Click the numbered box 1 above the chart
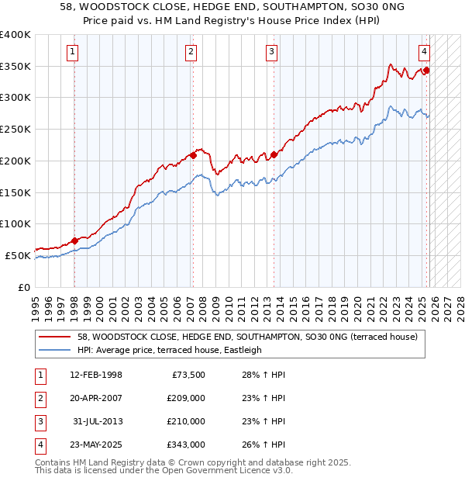point(72,52)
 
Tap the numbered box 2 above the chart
point(190,52)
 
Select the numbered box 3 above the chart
point(272,52)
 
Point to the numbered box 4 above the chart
point(425,52)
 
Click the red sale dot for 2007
point(193,155)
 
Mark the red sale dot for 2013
point(274,154)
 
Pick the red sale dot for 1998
point(74,240)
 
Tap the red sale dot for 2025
point(426,71)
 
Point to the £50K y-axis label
point(19,255)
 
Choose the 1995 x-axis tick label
point(36,306)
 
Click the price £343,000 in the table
point(185,445)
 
